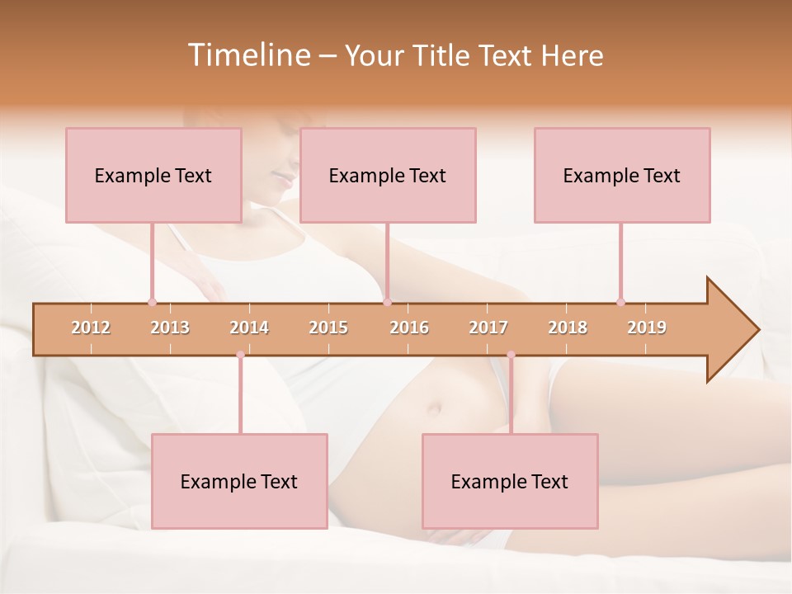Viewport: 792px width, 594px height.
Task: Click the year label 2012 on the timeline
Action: tap(91, 328)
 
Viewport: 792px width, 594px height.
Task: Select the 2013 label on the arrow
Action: tap(170, 328)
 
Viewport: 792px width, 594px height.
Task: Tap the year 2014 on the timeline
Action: tap(249, 328)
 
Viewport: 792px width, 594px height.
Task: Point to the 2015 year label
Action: tap(328, 328)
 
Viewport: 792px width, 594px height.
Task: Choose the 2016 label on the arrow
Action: tap(409, 328)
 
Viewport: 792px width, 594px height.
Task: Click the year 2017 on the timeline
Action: tap(488, 328)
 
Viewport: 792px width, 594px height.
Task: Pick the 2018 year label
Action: tap(568, 328)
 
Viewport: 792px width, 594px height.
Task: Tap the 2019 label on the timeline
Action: tap(647, 328)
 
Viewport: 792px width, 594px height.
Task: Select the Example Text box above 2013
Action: tap(153, 175)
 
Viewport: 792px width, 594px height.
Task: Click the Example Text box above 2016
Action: tap(388, 175)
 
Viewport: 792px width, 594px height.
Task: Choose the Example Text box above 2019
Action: tap(622, 175)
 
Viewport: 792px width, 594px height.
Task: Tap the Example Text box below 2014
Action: tap(239, 481)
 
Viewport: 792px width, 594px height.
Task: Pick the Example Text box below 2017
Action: tap(510, 481)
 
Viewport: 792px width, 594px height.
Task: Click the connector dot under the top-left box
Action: tap(152, 302)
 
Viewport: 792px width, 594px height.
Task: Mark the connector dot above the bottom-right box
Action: tap(511, 355)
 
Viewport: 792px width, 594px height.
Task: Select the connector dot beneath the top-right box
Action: tap(620, 302)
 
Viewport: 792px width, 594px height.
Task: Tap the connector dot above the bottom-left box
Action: tap(240, 355)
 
